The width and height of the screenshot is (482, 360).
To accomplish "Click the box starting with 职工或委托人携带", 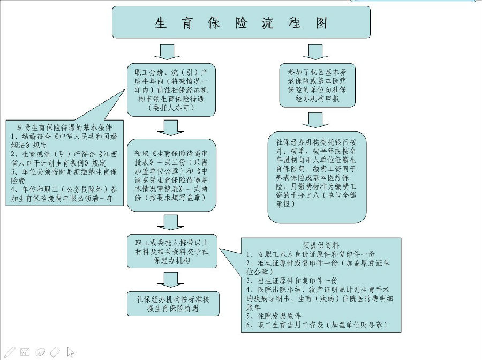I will (171, 251).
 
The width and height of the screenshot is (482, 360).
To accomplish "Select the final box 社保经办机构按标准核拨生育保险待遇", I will (171, 304).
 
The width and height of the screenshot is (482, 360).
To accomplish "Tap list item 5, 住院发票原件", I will (274, 316).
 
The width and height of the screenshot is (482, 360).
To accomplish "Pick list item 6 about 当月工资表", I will (316, 325).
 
